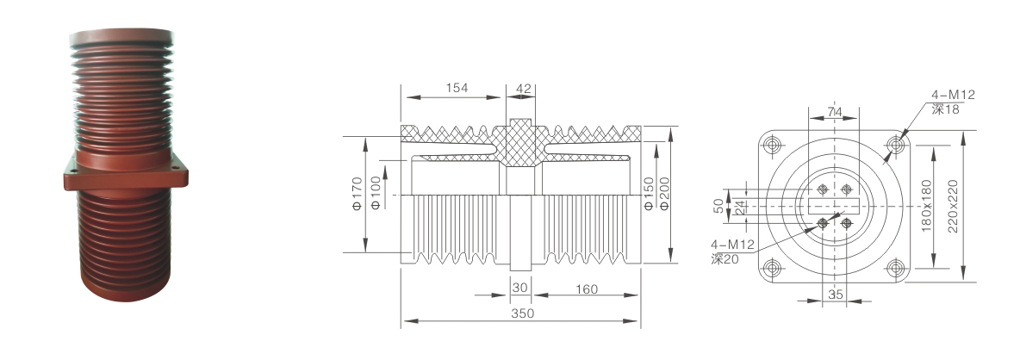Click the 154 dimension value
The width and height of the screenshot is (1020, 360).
pyautogui.click(x=457, y=89)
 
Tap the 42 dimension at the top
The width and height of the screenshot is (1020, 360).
pyautogui.click(x=523, y=89)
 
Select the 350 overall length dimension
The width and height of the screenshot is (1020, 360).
pyautogui.click(x=522, y=313)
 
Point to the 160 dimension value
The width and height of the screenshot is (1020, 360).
pyautogui.click(x=586, y=289)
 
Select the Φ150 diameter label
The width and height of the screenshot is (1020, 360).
pyautogui.click(x=648, y=194)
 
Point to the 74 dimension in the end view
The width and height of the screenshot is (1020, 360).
pyautogui.click(x=835, y=113)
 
